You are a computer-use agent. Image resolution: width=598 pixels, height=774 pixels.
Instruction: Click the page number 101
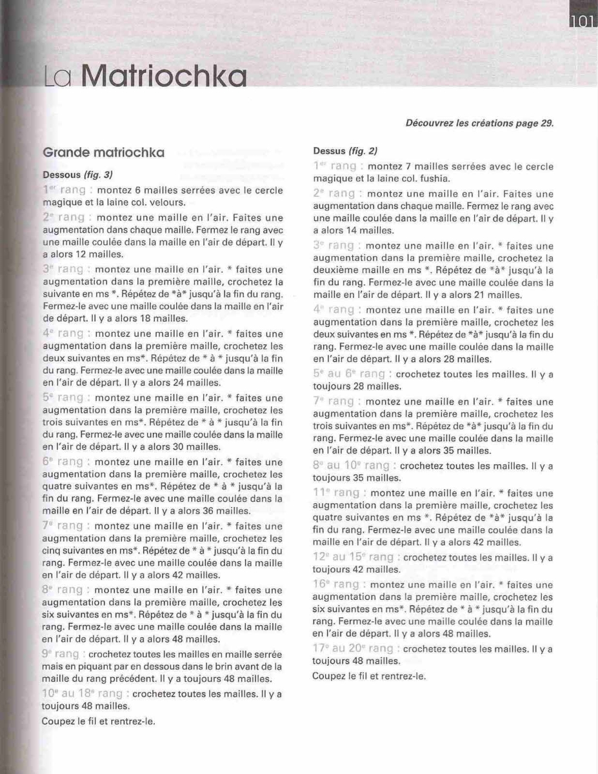tap(582, 21)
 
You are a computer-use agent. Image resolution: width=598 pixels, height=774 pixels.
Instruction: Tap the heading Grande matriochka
tap(103, 153)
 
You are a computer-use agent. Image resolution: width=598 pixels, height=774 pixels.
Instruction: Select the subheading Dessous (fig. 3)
tap(78, 174)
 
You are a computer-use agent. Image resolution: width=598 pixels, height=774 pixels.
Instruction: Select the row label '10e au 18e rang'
tap(83, 693)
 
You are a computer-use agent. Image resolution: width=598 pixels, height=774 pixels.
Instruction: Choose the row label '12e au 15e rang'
tap(354, 557)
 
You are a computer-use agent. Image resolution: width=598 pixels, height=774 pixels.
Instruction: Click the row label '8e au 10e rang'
tap(352, 465)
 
